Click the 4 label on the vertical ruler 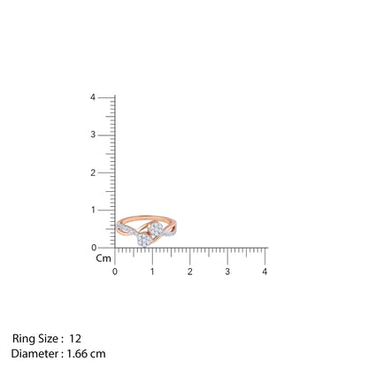(x=93, y=97)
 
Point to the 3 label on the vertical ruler (x=93, y=134)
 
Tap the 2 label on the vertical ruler (x=93, y=172)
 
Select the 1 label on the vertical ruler (x=93, y=210)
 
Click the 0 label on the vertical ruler (x=94, y=248)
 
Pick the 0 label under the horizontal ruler (x=115, y=272)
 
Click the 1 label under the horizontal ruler (x=152, y=272)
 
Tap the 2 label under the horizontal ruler (x=190, y=272)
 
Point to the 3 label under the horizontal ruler (x=227, y=272)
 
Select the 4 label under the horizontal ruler (x=264, y=272)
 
